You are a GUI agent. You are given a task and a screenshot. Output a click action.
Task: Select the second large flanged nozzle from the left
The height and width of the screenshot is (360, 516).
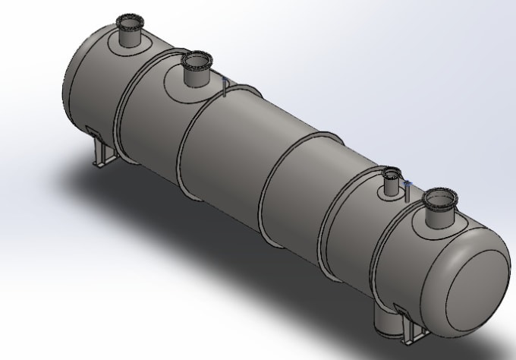click(x=197, y=70)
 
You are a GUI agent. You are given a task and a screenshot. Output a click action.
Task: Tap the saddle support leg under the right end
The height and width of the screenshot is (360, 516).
click(x=415, y=334)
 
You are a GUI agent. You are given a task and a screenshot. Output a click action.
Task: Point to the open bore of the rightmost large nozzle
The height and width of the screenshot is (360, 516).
click(x=439, y=198)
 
